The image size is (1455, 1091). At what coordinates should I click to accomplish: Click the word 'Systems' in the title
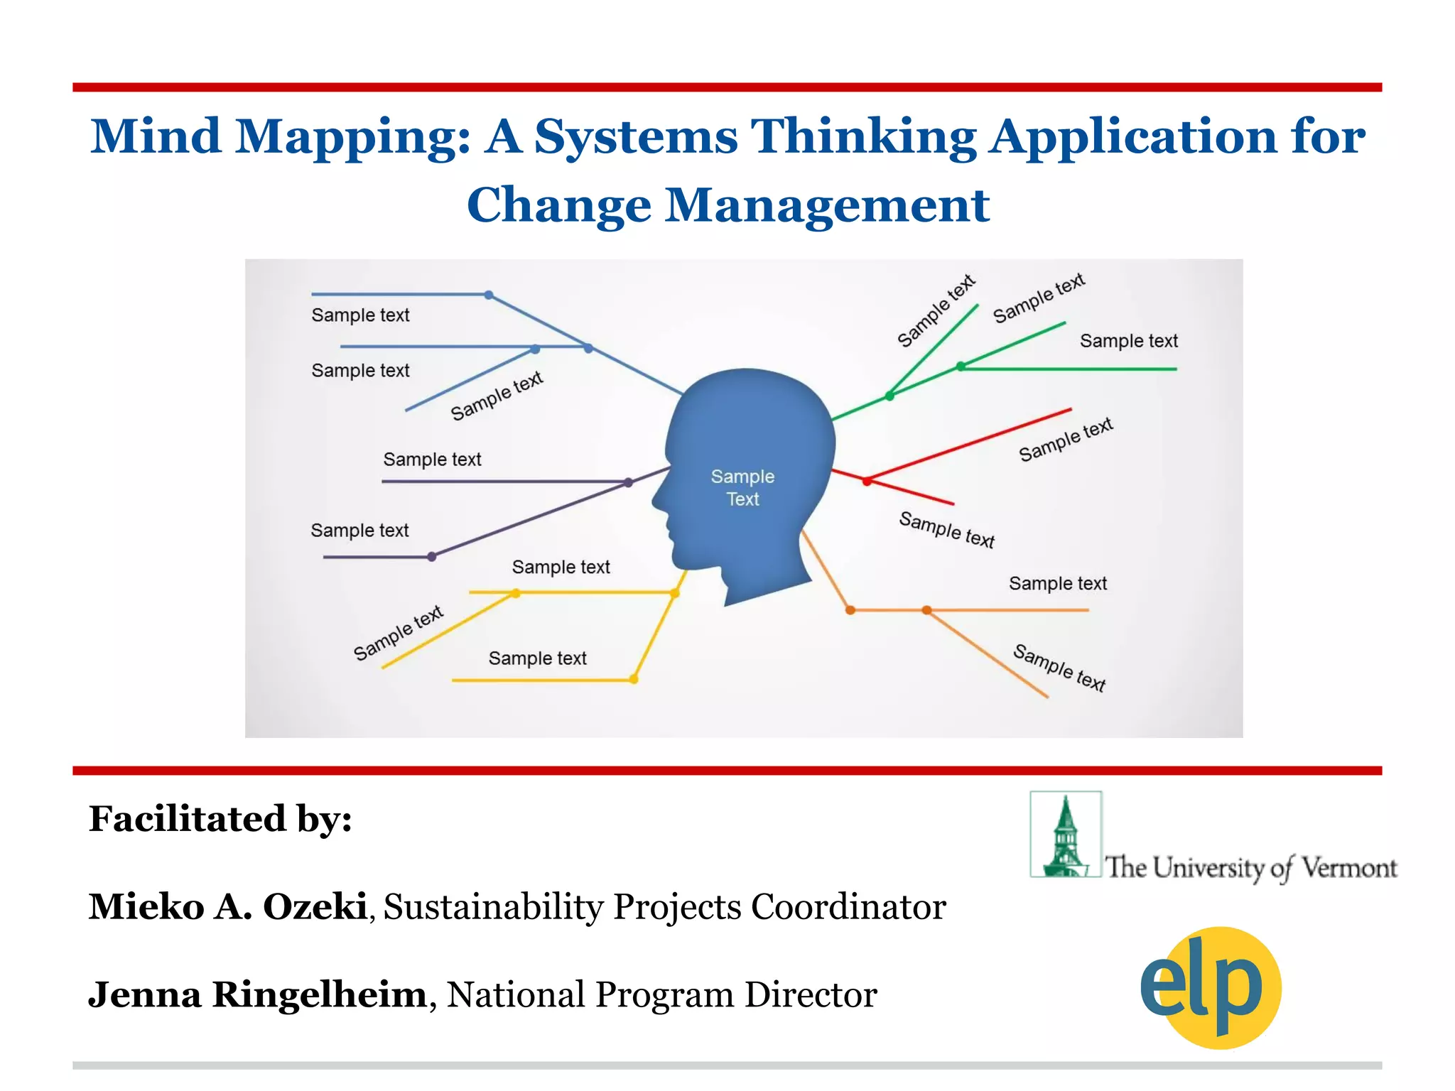(x=636, y=136)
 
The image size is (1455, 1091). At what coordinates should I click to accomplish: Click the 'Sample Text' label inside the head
(x=742, y=487)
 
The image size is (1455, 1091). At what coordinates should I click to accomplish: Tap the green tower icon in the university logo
(x=1065, y=836)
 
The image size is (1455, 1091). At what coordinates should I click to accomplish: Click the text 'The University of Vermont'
(x=1250, y=868)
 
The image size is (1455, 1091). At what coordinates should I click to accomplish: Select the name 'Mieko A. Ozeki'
(x=227, y=907)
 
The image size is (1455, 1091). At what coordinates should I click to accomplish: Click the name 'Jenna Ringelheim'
(x=257, y=994)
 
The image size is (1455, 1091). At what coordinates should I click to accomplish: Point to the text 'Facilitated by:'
(x=220, y=819)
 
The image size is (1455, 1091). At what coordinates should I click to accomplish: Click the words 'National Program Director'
(x=661, y=994)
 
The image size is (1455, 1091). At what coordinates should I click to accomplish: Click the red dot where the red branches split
(x=867, y=481)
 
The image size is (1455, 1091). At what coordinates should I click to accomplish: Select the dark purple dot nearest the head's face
(x=628, y=482)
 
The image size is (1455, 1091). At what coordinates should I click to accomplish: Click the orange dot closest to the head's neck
(x=850, y=609)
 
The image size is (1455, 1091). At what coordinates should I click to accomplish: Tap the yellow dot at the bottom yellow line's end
(x=634, y=679)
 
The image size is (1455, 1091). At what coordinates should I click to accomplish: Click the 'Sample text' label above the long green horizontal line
(x=1128, y=341)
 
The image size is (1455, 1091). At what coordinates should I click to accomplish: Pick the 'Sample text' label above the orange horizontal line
(x=1057, y=584)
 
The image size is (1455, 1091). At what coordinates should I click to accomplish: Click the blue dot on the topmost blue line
(x=489, y=295)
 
